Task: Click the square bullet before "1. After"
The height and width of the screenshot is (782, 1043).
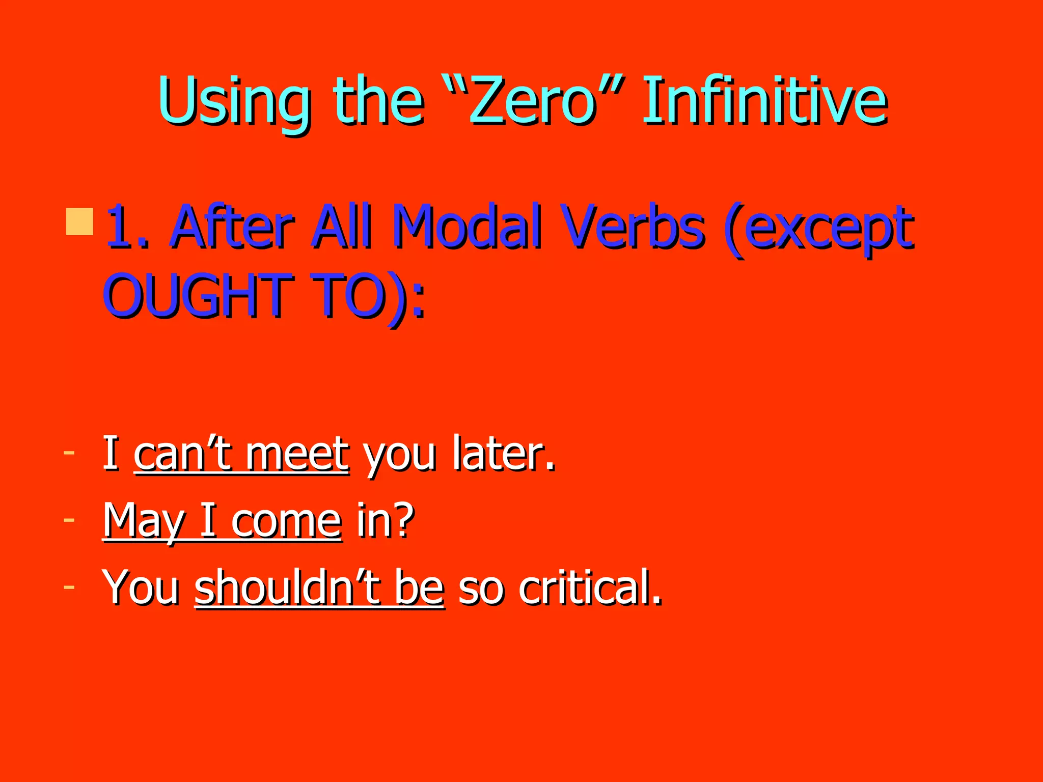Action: point(79,221)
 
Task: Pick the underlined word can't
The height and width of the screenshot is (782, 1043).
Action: point(183,453)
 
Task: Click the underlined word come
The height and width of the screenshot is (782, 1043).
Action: point(286,522)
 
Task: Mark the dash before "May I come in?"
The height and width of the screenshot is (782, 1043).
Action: point(69,519)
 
